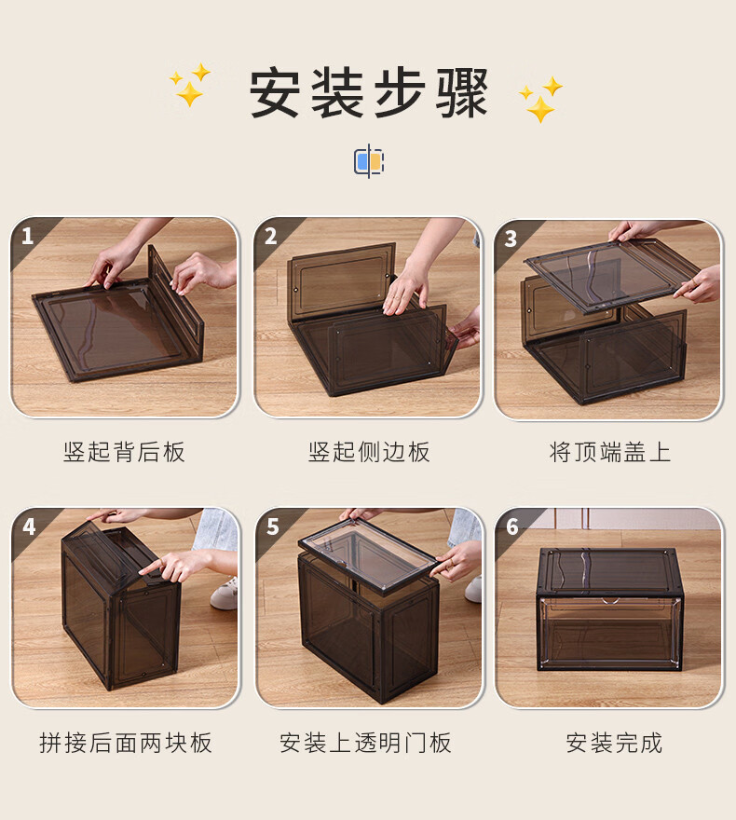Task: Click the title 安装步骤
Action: point(368,93)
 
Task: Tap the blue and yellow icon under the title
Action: point(369,161)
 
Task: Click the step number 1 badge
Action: point(27,237)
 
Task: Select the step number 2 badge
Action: point(270,237)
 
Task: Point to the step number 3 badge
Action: point(511,239)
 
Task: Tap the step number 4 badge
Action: point(29,526)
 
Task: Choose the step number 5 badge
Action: point(272,526)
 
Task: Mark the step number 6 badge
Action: point(512,526)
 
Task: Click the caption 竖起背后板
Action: point(125,452)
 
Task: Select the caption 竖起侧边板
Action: point(369,452)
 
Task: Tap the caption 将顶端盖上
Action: point(610,452)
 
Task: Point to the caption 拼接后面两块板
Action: point(126,743)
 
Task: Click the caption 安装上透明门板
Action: point(365,743)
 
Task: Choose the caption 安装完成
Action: point(614,743)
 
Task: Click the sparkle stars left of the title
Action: point(190,85)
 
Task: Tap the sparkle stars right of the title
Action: point(540,100)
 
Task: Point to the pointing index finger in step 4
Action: point(152,567)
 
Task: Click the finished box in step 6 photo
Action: point(610,609)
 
